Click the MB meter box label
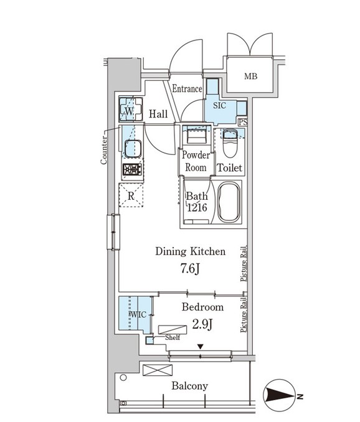pos(250,76)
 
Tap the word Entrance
pos(187,88)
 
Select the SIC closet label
pos(219,105)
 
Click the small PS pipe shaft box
pos(243,122)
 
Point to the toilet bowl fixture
pos(230,143)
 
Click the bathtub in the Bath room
pos(229,202)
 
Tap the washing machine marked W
pos(131,110)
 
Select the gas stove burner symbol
pos(132,169)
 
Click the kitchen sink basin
pos(133,148)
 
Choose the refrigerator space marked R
pos(131,195)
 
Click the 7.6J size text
pos(190,269)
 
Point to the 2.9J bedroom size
pos(202,324)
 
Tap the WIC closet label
pos(138,314)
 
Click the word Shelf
pos(173,337)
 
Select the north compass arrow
pos(280,396)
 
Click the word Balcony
pos(190,386)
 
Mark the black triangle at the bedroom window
pos(200,347)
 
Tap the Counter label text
pos(103,150)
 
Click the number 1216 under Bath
pos(197,207)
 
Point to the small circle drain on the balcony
pos(123,378)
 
